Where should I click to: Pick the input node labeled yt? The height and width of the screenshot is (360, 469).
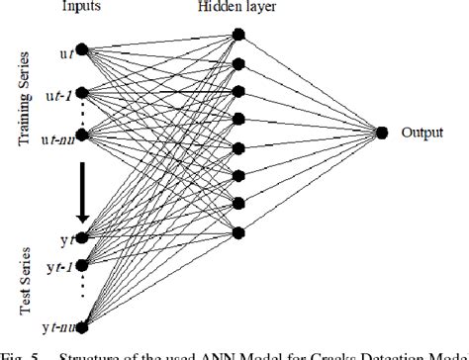[82, 238]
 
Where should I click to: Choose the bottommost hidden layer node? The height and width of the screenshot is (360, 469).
[237, 232]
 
